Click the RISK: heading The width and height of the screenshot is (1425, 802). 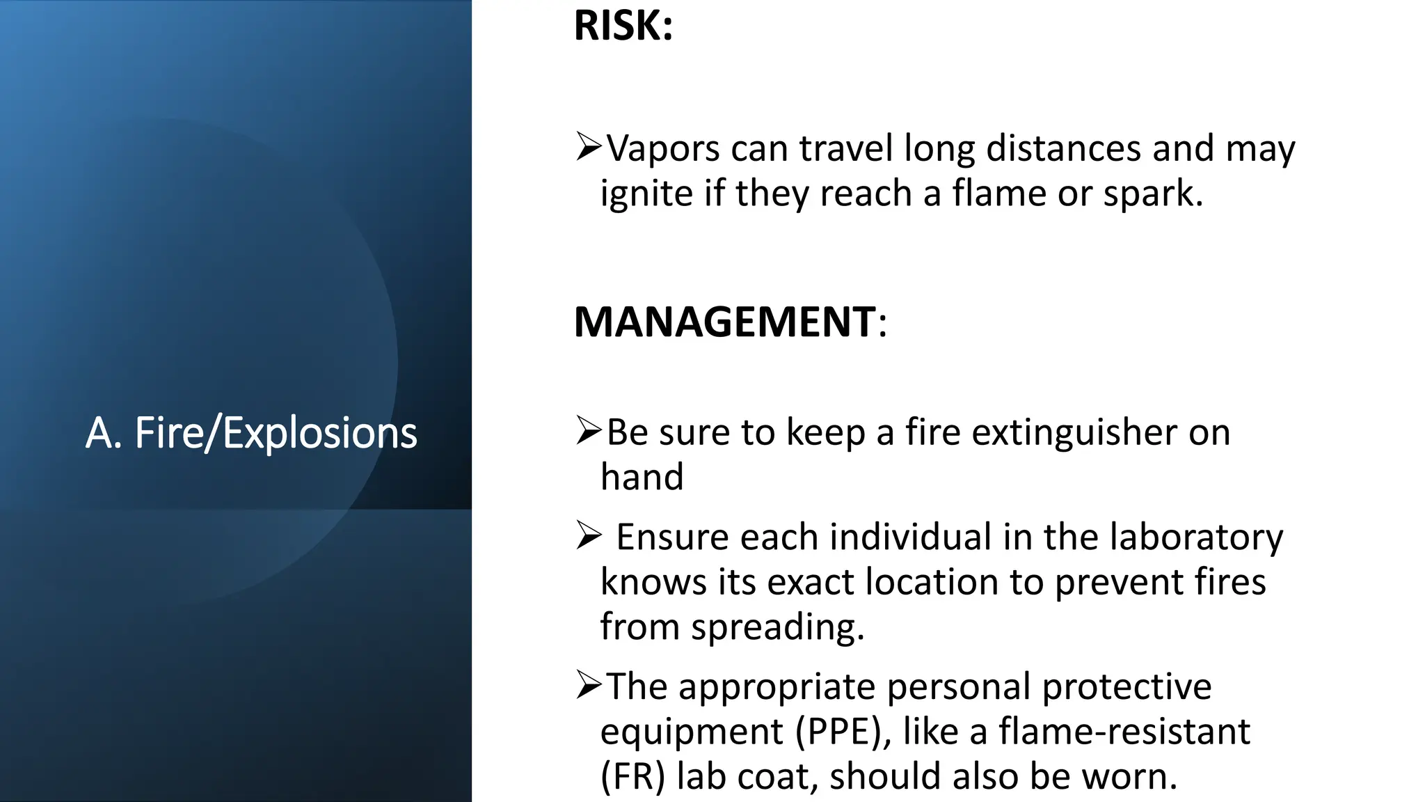[x=623, y=26]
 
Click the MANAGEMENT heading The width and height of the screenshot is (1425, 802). [x=724, y=322]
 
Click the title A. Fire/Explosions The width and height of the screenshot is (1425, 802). [x=251, y=433]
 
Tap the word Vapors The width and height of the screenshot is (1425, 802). [x=662, y=149]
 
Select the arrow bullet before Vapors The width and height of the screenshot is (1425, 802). [x=588, y=147]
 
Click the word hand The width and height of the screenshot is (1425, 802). [x=642, y=478]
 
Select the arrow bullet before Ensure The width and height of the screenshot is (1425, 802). [x=588, y=536]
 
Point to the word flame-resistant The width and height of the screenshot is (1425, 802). [x=1124, y=732]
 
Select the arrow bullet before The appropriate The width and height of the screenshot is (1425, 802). [x=588, y=686]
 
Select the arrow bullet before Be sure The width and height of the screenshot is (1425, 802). [x=588, y=431]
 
